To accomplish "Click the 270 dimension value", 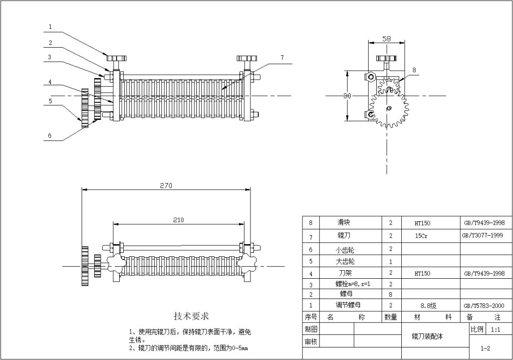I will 166,186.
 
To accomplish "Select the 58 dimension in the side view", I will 387,39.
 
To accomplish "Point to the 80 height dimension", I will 346,95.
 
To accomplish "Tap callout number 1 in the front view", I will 50,27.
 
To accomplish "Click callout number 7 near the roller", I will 282,58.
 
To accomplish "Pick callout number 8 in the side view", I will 414,70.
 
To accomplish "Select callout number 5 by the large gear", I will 50,100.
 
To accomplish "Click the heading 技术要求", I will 191,316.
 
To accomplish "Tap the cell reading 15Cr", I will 421,236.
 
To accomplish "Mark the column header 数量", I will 390,317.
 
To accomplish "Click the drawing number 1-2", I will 485,347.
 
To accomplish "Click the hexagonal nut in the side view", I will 371,77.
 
